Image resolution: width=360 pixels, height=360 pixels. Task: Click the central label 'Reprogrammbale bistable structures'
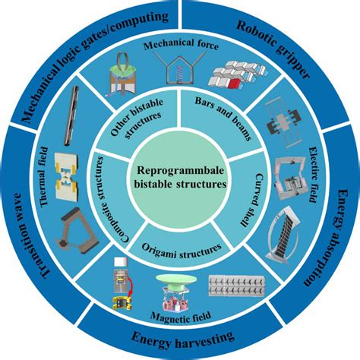[x=180, y=177]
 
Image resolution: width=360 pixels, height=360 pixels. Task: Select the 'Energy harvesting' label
[x=182, y=339]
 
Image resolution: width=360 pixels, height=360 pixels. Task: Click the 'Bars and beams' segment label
[x=223, y=118]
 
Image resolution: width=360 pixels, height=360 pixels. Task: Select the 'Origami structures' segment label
[x=182, y=250]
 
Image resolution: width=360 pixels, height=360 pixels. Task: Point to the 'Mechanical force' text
[x=181, y=45]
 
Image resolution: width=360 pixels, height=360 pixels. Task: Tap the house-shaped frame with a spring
[x=181, y=70]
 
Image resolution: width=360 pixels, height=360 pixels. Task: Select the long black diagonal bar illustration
[x=71, y=116]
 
